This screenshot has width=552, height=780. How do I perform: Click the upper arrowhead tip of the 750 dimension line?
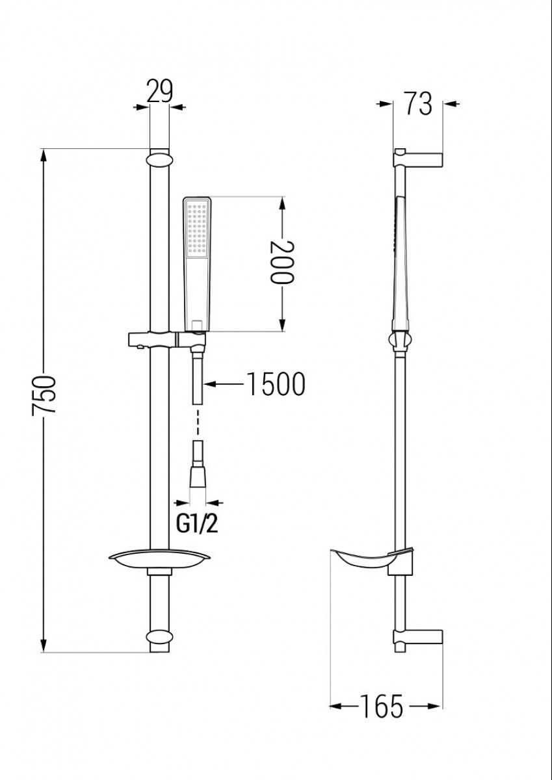click(x=44, y=149)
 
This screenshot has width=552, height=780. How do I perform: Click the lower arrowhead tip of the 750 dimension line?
click(x=44, y=652)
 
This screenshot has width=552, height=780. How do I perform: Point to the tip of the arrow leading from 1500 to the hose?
click(x=204, y=384)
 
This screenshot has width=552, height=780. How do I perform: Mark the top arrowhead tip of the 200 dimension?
click(x=282, y=197)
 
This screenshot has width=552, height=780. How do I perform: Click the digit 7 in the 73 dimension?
click(x=411, y=103)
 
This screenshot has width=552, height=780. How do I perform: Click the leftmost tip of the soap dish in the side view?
click(x=330, y=550)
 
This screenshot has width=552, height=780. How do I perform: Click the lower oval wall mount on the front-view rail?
click(x=159, y=637)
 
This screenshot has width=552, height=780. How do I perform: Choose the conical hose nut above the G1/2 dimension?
click(x=198, y=476)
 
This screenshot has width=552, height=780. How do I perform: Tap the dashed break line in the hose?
click(x=198, y=422)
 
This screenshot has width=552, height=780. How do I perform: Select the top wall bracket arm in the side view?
click(x=418, y=159)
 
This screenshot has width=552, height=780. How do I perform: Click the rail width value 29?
click(x=159, y=91)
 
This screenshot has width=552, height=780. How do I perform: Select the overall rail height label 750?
click(x=44, y=395)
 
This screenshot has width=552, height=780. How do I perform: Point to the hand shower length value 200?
click(x=282, y=261)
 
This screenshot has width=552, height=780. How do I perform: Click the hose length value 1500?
click(x=276, y=383)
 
